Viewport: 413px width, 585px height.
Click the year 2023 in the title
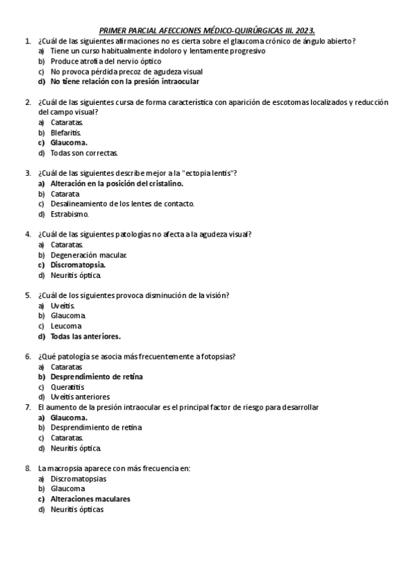[304, 30]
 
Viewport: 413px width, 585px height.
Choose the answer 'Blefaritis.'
[66, 132]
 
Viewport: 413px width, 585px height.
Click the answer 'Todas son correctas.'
[84, 153]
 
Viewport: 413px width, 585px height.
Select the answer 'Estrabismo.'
[70, 214]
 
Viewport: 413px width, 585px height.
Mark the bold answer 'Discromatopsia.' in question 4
[78, 265]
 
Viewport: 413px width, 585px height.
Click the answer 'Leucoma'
[66, 326]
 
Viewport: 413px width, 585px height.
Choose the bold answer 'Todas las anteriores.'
[85, 337]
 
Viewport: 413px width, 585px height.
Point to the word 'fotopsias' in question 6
[219, 357]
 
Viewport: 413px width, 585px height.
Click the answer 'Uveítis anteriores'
[80, 397]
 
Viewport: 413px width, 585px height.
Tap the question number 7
[28, 408]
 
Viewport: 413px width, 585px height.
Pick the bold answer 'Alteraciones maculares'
[90, 499]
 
